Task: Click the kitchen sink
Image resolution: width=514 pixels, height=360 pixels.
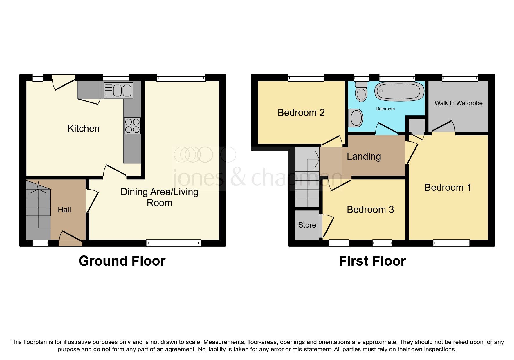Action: point(118,91)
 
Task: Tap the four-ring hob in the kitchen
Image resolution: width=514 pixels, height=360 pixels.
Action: point(132,126)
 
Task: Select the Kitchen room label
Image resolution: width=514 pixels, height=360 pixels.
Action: point(84,129)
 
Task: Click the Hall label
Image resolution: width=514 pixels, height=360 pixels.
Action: point(64,210)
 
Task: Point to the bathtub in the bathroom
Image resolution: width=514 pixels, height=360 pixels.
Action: point(399,91)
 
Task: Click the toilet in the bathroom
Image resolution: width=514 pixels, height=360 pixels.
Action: point(361,91)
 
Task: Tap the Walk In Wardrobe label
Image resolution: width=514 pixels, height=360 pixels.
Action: point(458,103)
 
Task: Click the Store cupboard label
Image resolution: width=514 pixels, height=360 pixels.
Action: point(307,225)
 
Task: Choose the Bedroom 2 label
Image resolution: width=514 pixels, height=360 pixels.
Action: point(301,113)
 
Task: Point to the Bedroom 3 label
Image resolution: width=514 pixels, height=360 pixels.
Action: point(370,210)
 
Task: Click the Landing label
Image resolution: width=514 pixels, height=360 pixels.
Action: point(364,156)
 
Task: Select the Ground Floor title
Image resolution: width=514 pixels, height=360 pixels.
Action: point(122,261)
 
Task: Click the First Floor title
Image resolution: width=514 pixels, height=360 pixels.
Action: point(372,261)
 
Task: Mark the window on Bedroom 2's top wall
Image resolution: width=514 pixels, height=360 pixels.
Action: point(306,78)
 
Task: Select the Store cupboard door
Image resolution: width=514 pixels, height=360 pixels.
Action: point(328,226)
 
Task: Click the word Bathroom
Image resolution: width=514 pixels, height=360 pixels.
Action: point(385,109)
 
